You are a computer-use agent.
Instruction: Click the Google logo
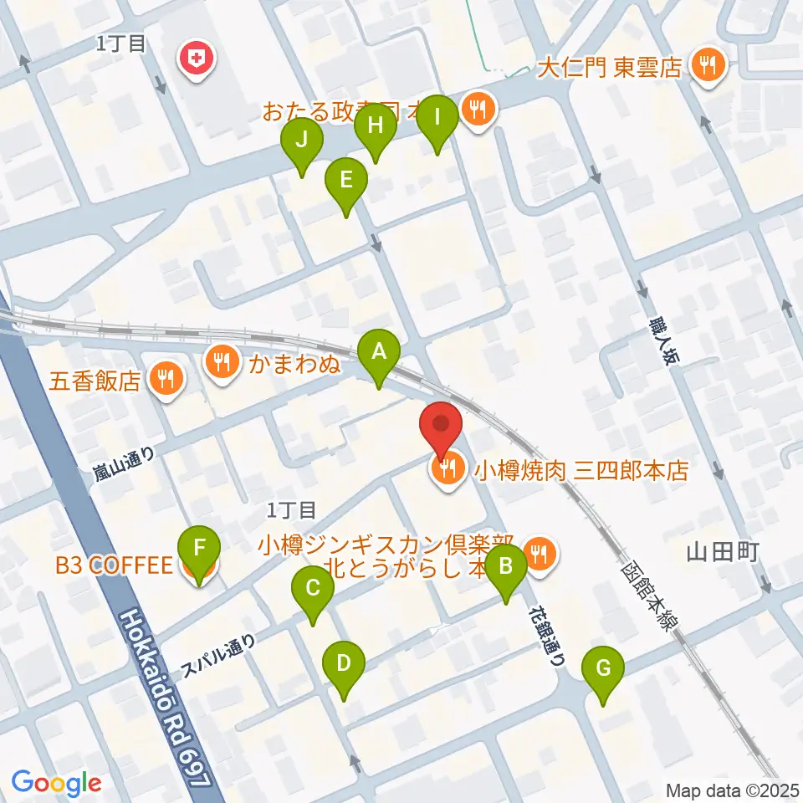(x=56, y=783)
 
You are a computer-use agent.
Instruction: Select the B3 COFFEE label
(x=113, y=566)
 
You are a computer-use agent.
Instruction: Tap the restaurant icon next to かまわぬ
(x=222, y=362)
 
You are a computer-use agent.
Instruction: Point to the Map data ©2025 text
(x=730, y=790)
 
